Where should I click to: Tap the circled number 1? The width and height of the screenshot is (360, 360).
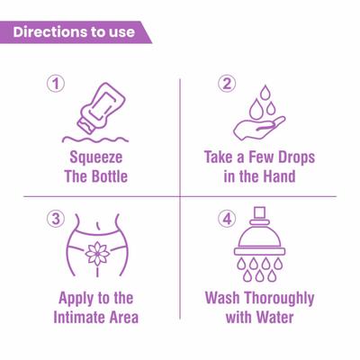coord(56,85)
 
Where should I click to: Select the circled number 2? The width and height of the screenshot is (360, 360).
coord(227,85)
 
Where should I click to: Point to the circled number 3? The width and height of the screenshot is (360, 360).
coord(56,219)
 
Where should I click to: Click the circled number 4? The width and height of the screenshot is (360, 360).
coord(227,219)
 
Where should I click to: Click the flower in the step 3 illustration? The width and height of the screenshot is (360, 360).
coord(97,254)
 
